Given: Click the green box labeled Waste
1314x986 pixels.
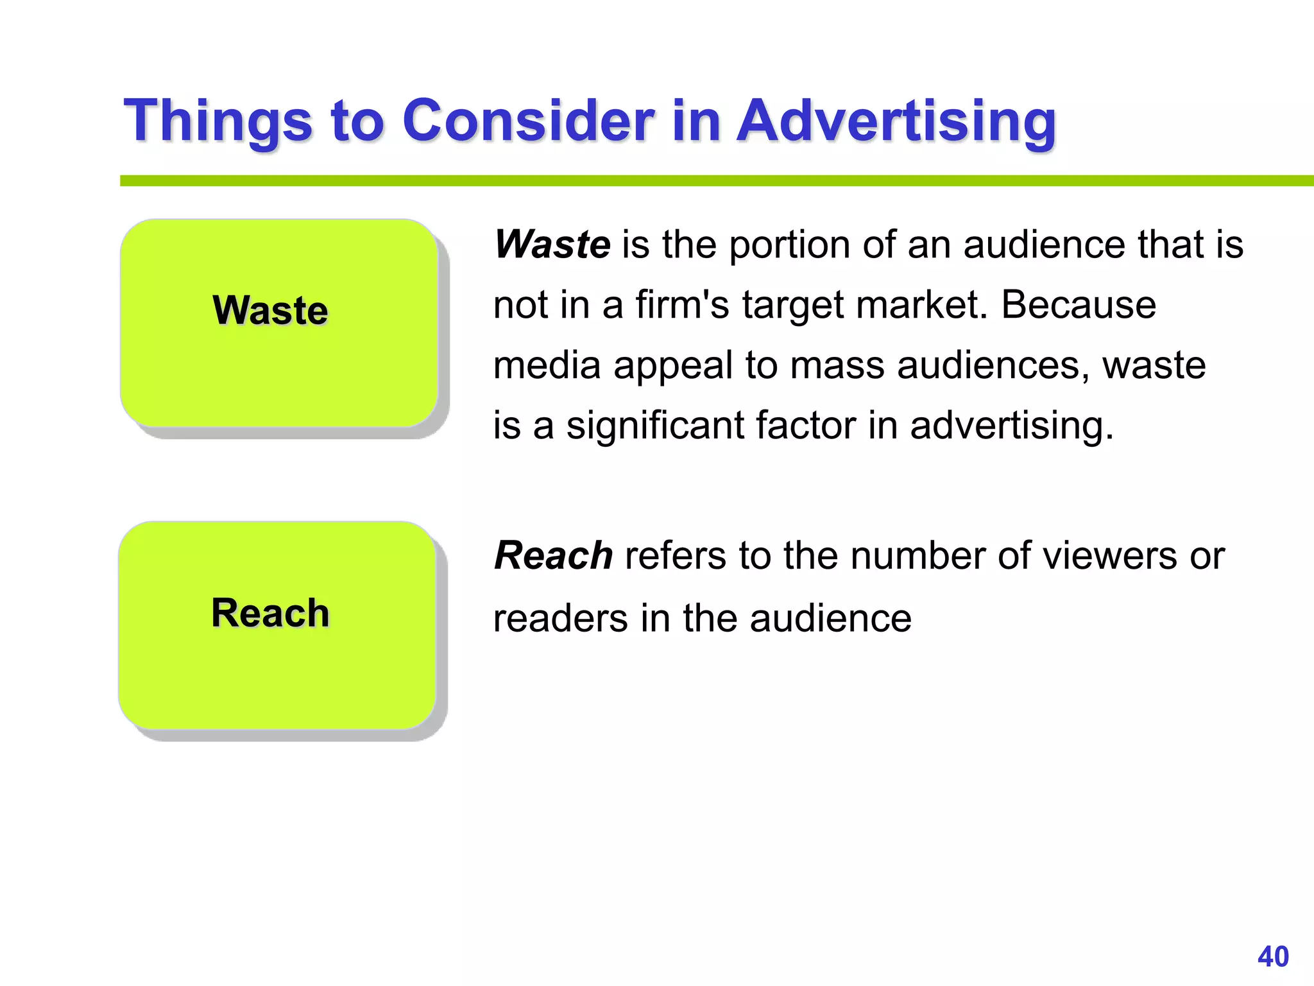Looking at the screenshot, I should [279, 323].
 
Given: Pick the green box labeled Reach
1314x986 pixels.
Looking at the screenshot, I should [278, 625].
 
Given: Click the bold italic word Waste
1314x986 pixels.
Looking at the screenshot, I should [552, 245].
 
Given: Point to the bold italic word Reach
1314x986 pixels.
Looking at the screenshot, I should [554, 555].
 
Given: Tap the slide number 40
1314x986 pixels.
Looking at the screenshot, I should [1273, 956].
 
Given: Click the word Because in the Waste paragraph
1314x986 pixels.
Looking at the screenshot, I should [1079, 304].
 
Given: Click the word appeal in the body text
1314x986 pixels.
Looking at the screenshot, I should [672, 365].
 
